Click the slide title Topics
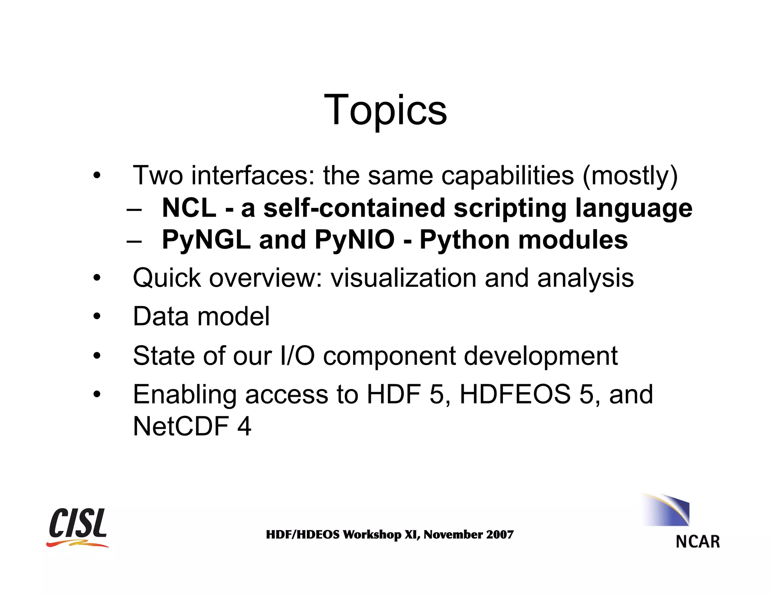[x=385, y=110]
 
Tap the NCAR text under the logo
[x=698, y=542]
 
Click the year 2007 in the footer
[x=500, y=534]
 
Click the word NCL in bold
[x=189, y=208]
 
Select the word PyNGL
[x=206, y=240]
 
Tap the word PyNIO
[x=355, y=240]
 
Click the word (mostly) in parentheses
[x=630, y=176]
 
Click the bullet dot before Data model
[x=97, y=316]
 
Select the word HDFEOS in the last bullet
[x=515, y=394]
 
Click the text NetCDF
[x=181, y=426]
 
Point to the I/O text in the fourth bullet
[x=297, y=356]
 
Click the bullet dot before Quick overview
[x=97, y=278]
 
